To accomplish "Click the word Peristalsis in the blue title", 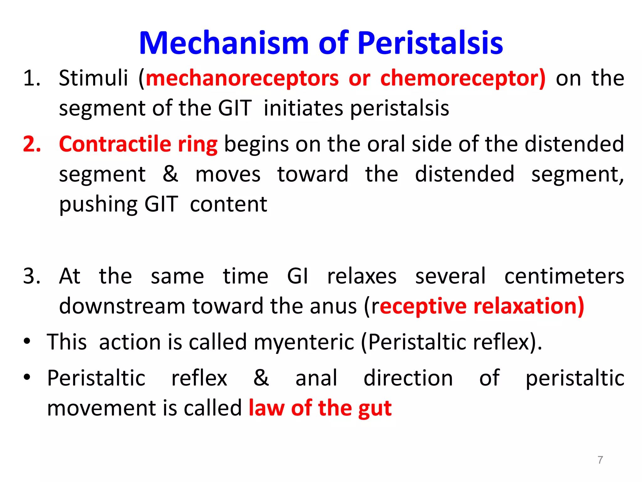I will [x=430, y=43].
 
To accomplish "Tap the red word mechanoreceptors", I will [x=242, y=78].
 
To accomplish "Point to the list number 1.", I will [x=32, y=78].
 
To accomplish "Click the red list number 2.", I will [x=32, y=144].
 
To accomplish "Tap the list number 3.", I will [x=32, y=276].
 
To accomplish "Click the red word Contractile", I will [x=115, y=144].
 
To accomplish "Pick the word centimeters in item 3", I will [x=564, y=276].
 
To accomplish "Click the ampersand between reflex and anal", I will [x=261, y=378].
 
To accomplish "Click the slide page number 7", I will [x=600, y=460].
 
